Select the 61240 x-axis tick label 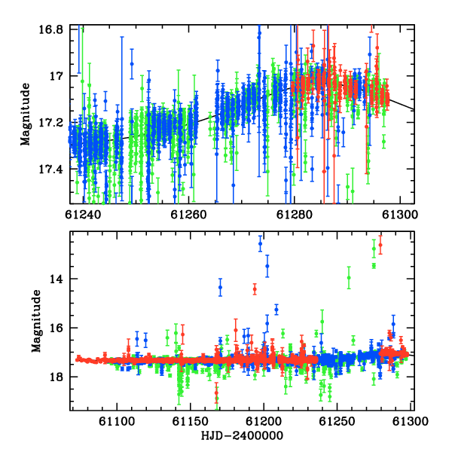tap(83, 215)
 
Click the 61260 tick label tap(188, 215)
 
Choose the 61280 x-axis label tap(295, 215)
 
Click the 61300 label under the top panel tap(400, 215)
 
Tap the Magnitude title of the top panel tap(26, 115)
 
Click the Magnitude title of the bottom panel tap(36, 321)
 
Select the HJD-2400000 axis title tap(242, 435)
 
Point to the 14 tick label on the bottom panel tap(56, 279)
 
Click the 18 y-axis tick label tap(56, 377)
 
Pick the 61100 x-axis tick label tap(117, 421)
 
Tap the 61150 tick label tap(191, 421)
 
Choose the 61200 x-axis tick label tap(264, 421)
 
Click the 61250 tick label tap(337, 421)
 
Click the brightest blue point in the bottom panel tap(261, 243)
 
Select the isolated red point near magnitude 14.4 tap(255, 289)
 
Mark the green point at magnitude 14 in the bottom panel tap(349, 277)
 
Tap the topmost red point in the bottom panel tap(380, 245)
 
